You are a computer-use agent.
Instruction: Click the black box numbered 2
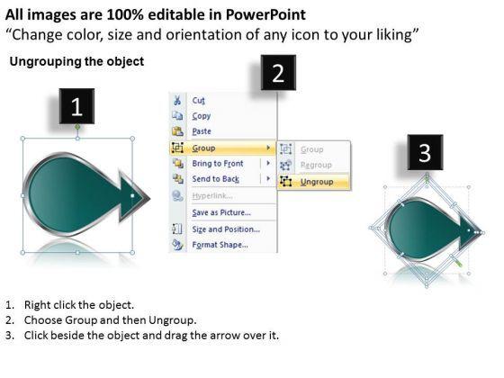click(x=278, y=73)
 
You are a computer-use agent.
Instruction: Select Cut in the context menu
click(x=199, y=100)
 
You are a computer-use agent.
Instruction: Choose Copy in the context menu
click(x=202, y=116)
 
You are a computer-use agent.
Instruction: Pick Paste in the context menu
click(x=202, y=131)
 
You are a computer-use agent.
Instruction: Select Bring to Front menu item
click(x=218, y=164)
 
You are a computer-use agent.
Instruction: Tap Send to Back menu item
click(x=216, y=179)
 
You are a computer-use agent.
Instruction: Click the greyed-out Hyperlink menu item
click(x=217, y=196)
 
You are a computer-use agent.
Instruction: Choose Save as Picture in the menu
click(x=221, y=212)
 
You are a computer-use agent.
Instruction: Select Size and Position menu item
click(x=224, y=229)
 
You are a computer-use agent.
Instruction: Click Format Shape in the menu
click(x=220, y=245)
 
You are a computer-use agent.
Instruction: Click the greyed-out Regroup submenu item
click(x=315, y=166)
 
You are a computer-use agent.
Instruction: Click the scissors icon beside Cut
click(x=177, y=100)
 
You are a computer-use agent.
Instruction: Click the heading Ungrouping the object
click(x=76, y=62)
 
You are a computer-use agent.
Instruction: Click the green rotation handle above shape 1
click(x=77, y=127)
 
